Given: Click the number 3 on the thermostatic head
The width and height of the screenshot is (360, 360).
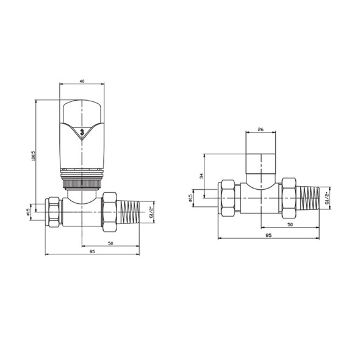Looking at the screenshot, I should pyautogui.click(x=82, y=131).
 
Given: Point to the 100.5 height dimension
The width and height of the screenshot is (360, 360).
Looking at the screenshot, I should pyautogui.click(x=34, y=156).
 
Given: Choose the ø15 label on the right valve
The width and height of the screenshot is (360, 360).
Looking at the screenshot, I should pyautogui.click(x=190, y=198).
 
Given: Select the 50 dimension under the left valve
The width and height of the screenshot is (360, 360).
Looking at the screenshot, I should pyautogui.click(x=111, y=243).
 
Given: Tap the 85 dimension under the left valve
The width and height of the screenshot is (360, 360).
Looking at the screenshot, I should pyautogui.click(x=92, y=251).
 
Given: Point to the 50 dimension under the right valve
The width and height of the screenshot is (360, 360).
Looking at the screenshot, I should pyautogui.click(x=290, y=225).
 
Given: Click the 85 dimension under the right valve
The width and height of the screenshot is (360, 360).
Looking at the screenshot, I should pyautogui.click(x=268, y=234).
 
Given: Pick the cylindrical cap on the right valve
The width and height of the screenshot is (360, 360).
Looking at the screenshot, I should pyautogui.click(x=262, y=164).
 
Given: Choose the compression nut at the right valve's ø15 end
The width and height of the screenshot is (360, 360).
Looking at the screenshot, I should pyautogui.click(x=228, y=198).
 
